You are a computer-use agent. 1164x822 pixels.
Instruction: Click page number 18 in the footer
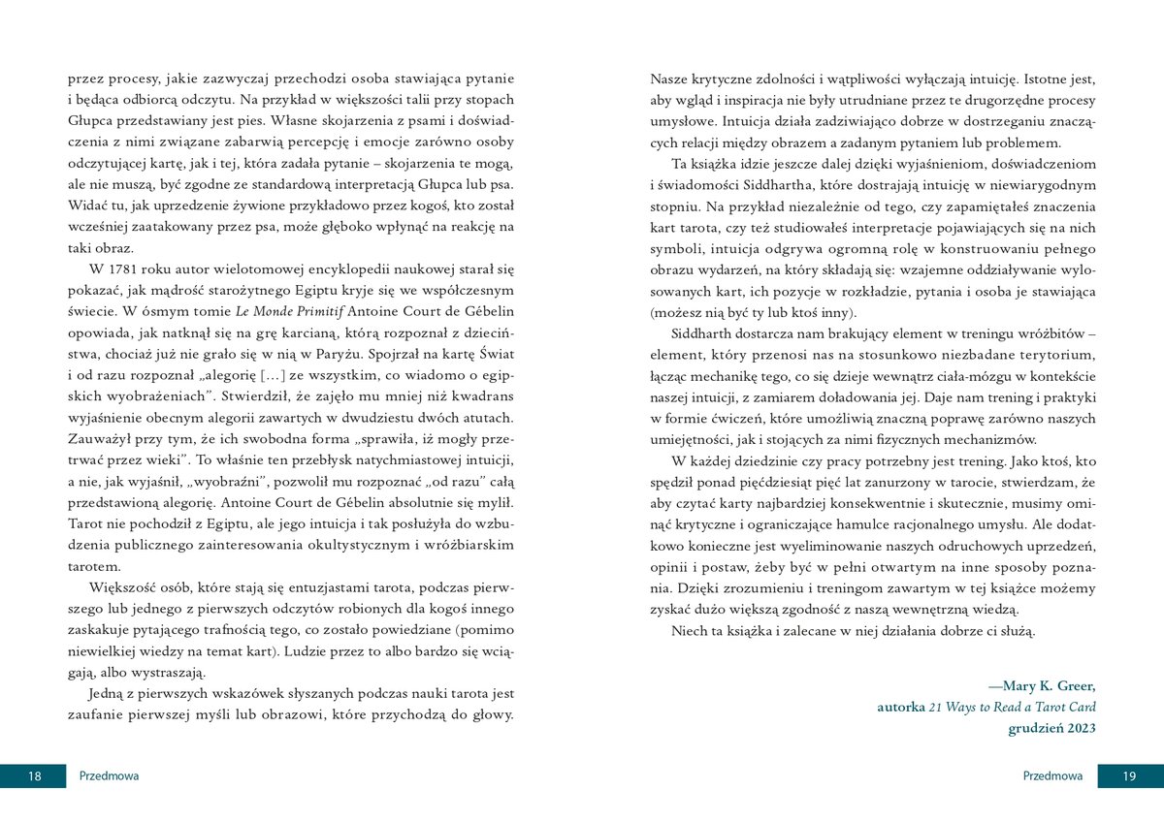point(34,775)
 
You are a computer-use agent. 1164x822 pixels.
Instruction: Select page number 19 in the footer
point(1129,775)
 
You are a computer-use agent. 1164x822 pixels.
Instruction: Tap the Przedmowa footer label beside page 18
point(109,775)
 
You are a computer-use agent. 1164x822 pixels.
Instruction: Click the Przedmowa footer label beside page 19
point(1053,775)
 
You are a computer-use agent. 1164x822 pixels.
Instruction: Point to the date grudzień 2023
point(1051,729)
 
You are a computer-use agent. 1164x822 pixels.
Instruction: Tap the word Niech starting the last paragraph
point(689,631)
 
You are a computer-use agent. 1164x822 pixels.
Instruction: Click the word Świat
point(495,353)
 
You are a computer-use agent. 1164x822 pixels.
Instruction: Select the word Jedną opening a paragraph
point(108,694)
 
